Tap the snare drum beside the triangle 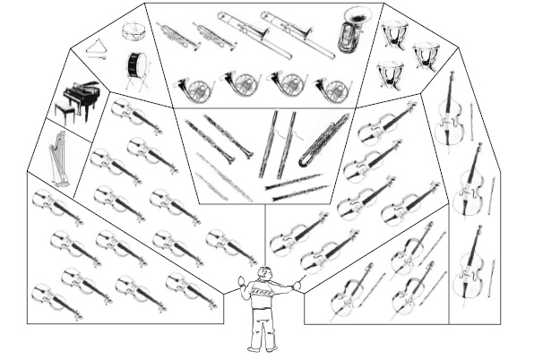pos(134,30)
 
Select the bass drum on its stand pos(137,65)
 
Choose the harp pos(58,159)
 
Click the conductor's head pos(263,274)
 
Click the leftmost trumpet pos(177,36)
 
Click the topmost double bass pos(450,112)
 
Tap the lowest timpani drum pos(389,73)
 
